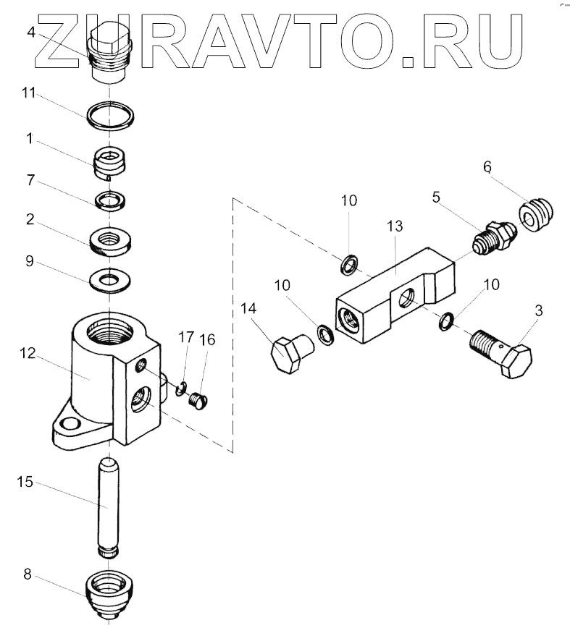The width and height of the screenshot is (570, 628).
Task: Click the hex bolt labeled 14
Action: (290, 353)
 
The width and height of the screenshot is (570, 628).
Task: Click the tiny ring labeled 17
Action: (182, 389)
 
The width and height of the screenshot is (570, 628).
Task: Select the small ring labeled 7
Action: (109, 199)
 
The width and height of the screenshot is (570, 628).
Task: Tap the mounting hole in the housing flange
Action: (70, 424)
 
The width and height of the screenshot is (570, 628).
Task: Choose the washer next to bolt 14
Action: (325, 335)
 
